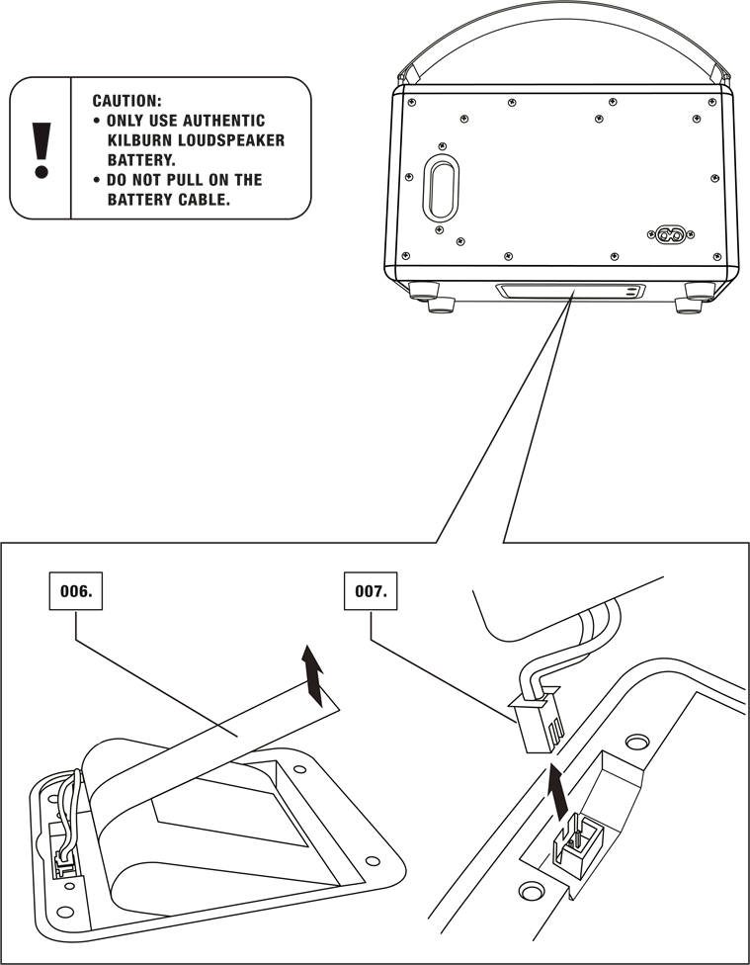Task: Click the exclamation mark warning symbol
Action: point(42,150)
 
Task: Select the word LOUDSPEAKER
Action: point(231,140)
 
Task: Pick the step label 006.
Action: point(76,591)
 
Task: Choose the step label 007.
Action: point(371,591)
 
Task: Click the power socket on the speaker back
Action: point(670,234)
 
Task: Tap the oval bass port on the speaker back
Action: point(441,188)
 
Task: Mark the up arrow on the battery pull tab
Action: point(314,676)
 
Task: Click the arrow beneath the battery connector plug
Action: point(557,793)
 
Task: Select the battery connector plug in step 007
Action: point(537,719)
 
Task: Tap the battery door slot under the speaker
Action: point(570,291)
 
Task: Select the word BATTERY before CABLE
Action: point(139,200)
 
